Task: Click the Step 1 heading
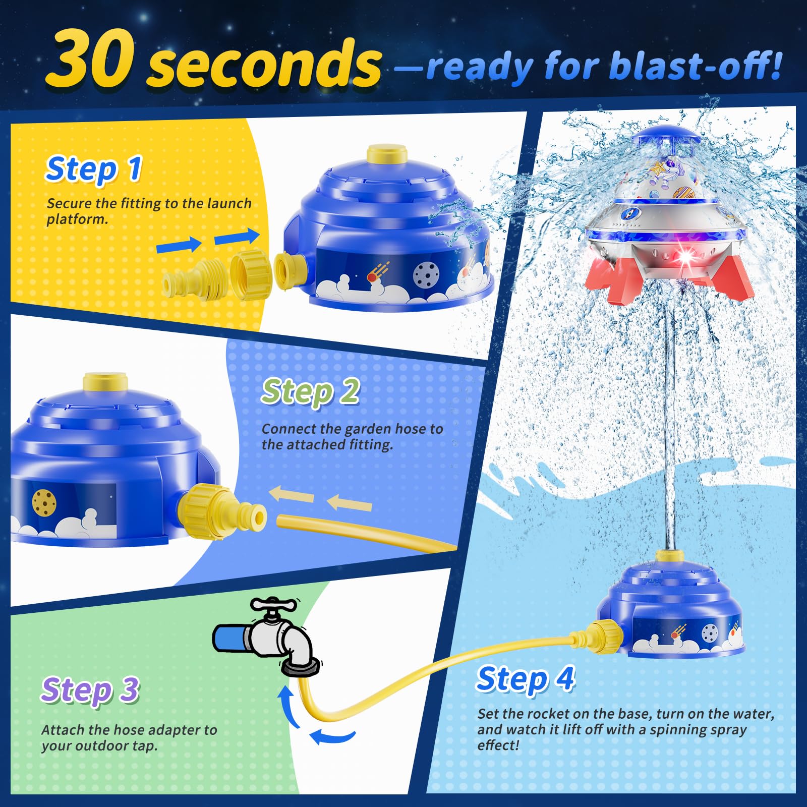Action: [x=94, y=168]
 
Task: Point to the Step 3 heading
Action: [x=90, y=689]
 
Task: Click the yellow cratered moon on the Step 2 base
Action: [x=44, y=501]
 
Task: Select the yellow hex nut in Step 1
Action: [x=251, y=274]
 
